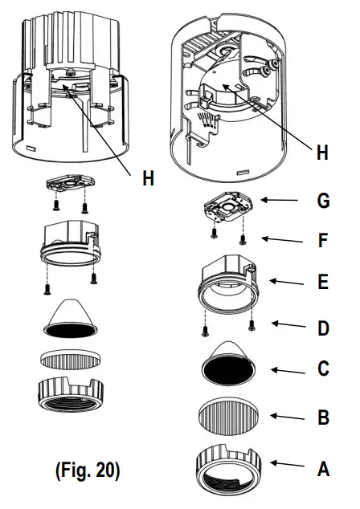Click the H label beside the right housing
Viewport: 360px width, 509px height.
coord(321,153)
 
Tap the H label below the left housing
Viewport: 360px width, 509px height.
coord(149,179)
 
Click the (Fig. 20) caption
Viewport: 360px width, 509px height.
coord(88,470)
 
